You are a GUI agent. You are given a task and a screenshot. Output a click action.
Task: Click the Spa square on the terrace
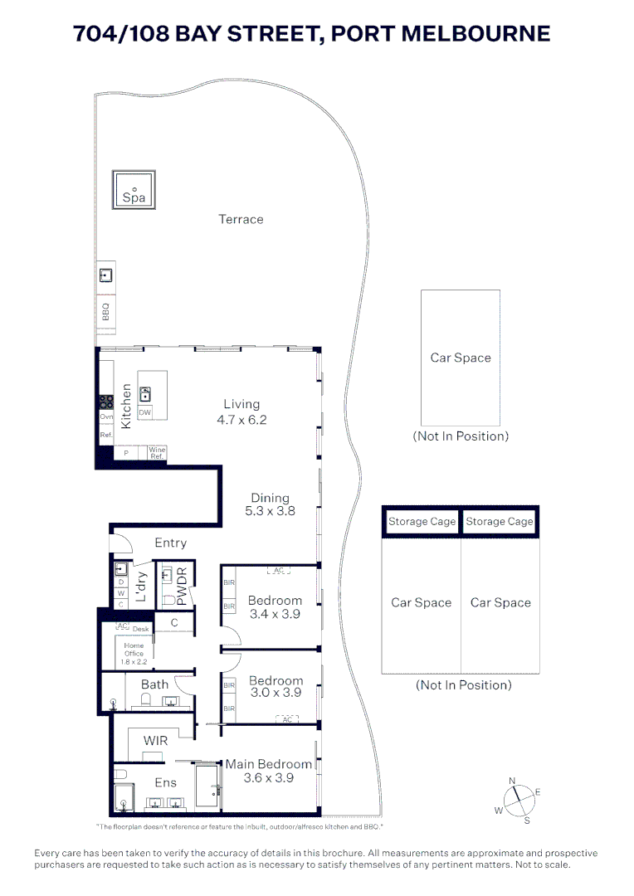[x=134, y=192]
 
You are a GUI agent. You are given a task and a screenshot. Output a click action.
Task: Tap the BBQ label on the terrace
[x=105, y=312]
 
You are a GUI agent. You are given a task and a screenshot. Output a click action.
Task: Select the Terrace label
[x=241, y=219]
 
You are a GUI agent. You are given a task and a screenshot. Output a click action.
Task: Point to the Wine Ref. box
[x=157, y=452]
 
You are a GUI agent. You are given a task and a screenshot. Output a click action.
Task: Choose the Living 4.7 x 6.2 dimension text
[x=241, y=420]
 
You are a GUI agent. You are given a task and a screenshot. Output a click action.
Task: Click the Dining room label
[x=270, y=499]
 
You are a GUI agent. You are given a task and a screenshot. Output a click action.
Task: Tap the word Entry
[x=170, y=543]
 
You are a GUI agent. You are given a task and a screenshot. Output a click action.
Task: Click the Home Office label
[x=134, y=649]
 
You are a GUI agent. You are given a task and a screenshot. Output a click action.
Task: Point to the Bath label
[x=154, y=684]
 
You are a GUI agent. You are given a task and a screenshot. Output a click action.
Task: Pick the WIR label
[x=156, y=739]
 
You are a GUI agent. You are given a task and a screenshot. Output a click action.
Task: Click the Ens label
[x=166, y=782]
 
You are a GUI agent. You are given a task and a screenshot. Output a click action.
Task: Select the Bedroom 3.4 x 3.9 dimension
[x=274, y=614]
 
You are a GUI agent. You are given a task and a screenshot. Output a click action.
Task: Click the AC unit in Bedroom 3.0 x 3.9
[x=288, y=719]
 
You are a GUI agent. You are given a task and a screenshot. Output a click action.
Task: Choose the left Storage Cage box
[x=422, y=521]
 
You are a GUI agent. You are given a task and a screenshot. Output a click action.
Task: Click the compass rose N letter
[x=513, y=781]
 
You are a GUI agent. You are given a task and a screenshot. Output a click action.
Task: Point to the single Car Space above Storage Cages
[x=461, y=358]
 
